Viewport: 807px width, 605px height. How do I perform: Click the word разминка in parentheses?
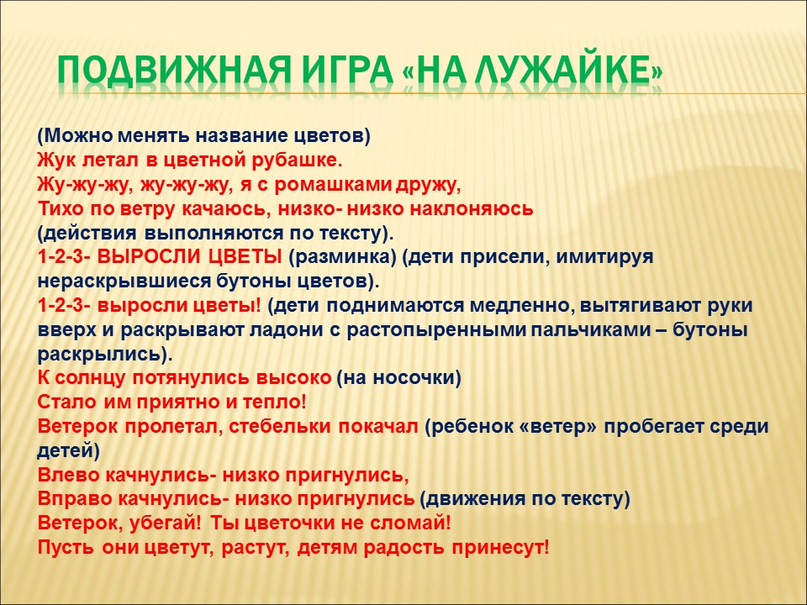[342, 258]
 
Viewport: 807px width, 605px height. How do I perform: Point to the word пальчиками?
[588, 329]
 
